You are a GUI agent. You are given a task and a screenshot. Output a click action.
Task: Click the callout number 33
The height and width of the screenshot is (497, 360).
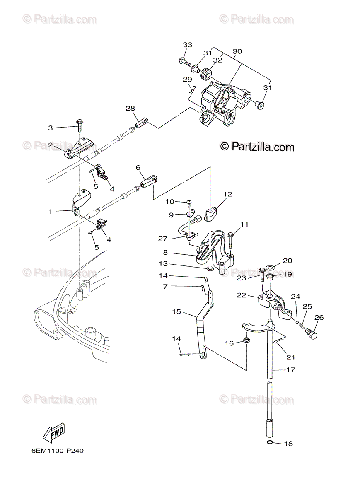click(188, 45)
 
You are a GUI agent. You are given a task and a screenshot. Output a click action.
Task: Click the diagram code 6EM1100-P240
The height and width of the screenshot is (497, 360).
click(58, 451)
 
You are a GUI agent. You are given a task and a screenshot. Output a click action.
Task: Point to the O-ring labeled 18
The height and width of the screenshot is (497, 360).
click(270, 444)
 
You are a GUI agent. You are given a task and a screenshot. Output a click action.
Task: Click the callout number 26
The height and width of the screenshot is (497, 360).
click(319, 318)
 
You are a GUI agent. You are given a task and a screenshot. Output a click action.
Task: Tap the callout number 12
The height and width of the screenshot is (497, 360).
click(228, 193)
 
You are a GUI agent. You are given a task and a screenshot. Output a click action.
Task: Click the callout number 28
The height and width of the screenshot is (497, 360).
click(130, 109)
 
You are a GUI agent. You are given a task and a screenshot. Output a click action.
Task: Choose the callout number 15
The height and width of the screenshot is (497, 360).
click(176, 311)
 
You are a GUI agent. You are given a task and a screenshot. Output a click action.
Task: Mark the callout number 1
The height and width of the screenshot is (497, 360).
click(51, 211)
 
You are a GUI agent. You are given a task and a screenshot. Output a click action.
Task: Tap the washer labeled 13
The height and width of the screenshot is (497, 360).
click(210, 270)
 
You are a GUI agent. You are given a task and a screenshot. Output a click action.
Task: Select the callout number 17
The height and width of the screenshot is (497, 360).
click(290, 370)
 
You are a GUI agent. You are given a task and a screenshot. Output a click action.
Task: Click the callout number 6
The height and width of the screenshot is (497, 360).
click(138, 167)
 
